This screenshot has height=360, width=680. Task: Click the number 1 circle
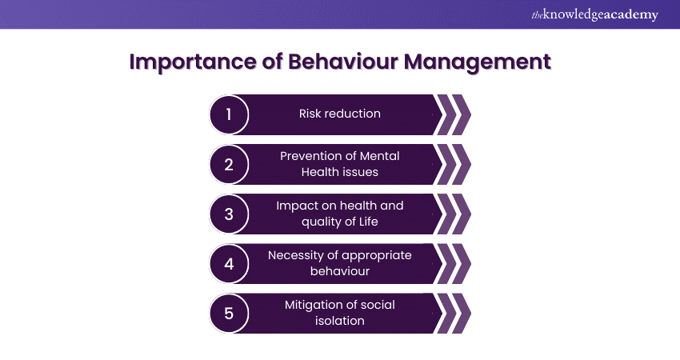[x=229, y=114]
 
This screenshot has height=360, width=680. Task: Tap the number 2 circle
[x=229, y=165]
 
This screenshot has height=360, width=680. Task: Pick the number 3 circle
[x=229, y=214]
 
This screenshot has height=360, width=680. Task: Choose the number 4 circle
[x=229, y=264]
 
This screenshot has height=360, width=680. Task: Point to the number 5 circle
[x=229, y=314]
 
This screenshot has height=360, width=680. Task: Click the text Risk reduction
[x=340, y=114]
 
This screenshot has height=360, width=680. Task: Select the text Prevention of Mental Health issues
[x=340, y=164]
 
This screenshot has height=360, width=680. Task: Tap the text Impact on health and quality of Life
[x=340, y=214]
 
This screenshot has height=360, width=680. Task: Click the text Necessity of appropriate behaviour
[x=340, y=263]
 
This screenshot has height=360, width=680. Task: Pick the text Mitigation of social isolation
[x=340, y=313]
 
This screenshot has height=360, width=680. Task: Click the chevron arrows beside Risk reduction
[x=453, y=114]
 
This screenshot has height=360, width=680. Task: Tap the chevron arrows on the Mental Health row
[x=453, y=165]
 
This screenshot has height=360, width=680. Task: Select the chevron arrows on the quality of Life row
[x=453, y=214]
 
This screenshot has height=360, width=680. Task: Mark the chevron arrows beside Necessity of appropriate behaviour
[x=453, y=264]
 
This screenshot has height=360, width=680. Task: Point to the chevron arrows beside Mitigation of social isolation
[x=453, y=314]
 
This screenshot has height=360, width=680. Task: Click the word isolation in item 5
[x=340, y=321]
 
